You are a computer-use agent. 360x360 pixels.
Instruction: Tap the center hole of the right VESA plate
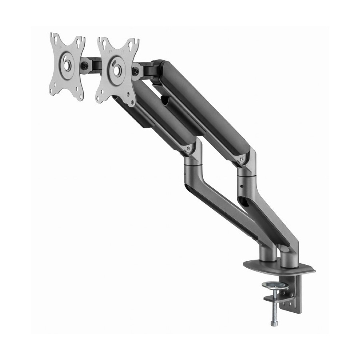click(117, 69)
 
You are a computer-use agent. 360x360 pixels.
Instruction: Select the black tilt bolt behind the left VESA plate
click(86, 64)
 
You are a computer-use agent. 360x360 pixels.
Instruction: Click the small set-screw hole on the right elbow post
click(242, 186)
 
